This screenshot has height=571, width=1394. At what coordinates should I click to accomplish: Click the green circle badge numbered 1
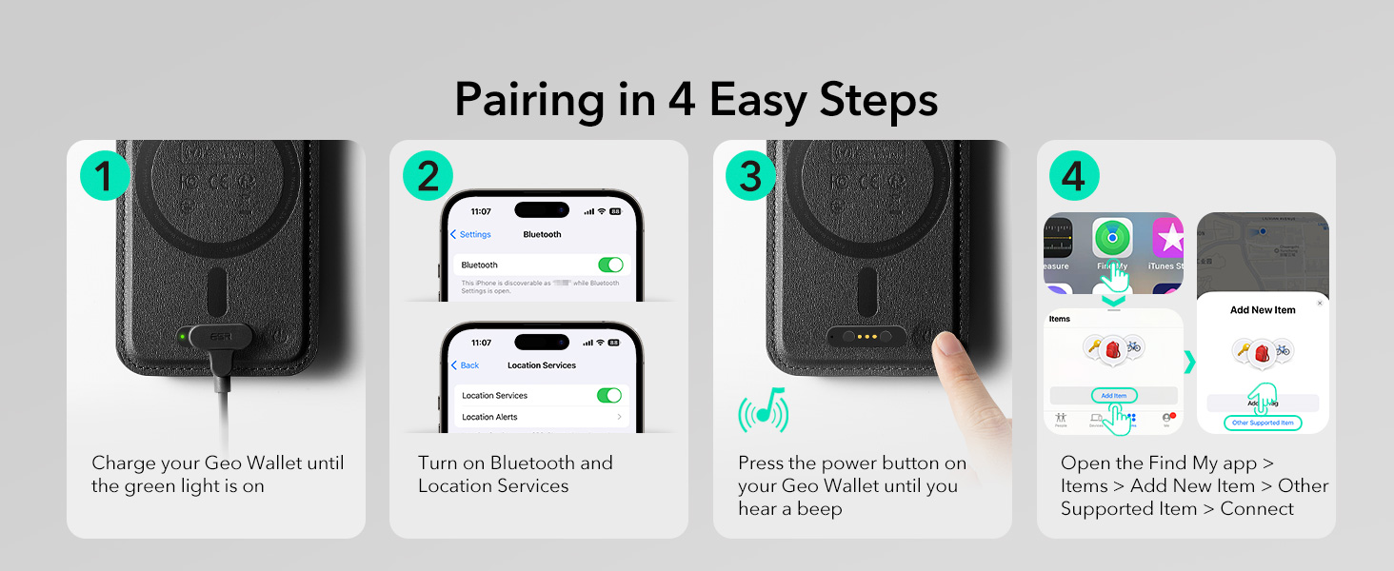click(x=105, y=176)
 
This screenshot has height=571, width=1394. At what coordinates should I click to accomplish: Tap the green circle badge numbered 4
click(x=1074, y=176)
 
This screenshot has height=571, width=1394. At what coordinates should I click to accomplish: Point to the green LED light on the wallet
click(x=181, y=336)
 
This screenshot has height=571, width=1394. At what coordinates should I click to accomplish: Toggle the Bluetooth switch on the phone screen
click(x=609, y=265)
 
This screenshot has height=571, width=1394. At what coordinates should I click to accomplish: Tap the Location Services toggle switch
click(x=609, y=395)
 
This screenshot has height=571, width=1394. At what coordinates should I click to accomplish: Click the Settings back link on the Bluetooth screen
click(x=471, y=234)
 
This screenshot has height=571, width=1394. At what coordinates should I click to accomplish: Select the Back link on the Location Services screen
click(x=466, y=365)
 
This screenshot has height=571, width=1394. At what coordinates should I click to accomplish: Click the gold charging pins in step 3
click(x=867, y=336)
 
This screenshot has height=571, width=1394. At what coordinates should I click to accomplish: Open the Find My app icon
click(x=1111, y=240)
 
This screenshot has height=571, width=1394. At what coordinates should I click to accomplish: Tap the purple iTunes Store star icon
click(x=1168, y=238)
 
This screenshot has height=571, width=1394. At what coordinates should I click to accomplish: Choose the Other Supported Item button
click(x=1263, y=423)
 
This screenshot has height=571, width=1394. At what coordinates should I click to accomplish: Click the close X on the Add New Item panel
click(x=1319, y=303)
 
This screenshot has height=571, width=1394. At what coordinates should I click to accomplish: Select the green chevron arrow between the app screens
click(x=1189, y=363)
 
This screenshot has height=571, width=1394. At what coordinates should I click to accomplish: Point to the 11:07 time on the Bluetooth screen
click(x=481, y=211)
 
